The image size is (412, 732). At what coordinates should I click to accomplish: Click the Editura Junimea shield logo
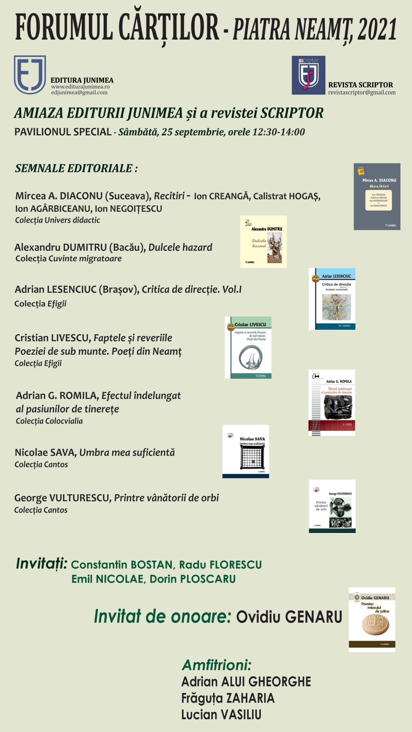pyautogui.click(x=30, y=75)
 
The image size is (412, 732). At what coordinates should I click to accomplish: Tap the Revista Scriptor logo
pyautogui.click(x=308, y=75)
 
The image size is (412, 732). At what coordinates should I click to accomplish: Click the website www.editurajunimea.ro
pyautogui.click(x=80, y=87)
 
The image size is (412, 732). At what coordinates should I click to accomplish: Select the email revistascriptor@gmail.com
pyautogui.click(x=362, y=92)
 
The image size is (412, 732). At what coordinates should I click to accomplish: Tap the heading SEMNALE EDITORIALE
pyautogui.click(x=76, y=168)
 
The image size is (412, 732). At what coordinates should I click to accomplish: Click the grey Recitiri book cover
pyautogui.click(x=377, y=196)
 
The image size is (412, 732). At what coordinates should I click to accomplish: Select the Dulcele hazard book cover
pyautogui.click(x=263, y=242)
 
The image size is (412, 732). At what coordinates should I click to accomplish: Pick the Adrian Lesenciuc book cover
pyautogui.click(x=332, y=299)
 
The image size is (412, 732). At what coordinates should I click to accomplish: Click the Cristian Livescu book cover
pyautogui.click(x=248, y=347)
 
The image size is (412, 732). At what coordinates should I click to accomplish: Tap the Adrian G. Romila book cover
pyautogui.click(x=332, y=403)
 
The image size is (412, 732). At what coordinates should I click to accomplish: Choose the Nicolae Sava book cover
pyautogui.click(x=245, y=451)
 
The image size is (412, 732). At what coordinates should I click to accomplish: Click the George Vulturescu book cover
pyautogui.click(x=332, y=506)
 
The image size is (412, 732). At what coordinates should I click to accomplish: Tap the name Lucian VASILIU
pyautogui.click(x=221, y=714)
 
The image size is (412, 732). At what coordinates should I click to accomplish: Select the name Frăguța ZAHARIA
pyautogui.click(x=228, y=698)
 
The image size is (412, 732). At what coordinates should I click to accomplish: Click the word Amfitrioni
pyautogui.click(x=217, y=665)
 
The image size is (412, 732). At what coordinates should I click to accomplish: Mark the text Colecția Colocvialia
pyautogui.click(x=49, y=421)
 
